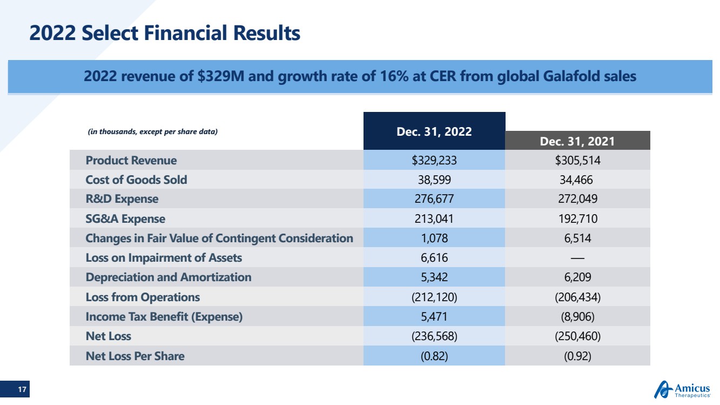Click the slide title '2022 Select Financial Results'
pyautogui.click(x=165, y=34)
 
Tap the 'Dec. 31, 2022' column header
pyautogui.click(x=434, y=131)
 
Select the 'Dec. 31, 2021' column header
pyautogui.click(x=577, y=141)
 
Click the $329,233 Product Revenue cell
pyautogui.click(x=434, y=161)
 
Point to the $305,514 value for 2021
pyautogui.click(x=577, y=161)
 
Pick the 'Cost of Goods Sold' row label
pyautogui.click(x=136, y=180)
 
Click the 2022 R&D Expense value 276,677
pyautogui.click(x=434, y=199)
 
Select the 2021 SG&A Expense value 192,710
pyautogui.click(x=577, y=219)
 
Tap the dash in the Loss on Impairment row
pyautogui.click(x=577, y=258)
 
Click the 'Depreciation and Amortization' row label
pyautogui.click(x=168, y=277)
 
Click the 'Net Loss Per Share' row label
pyautogui.click(x=134, y=356)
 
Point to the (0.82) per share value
pyautogui.click(x=434, y=356)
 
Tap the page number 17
pyautogui.click(x=22, y=389)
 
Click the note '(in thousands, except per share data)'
pyautogui.click(x=152, y=131)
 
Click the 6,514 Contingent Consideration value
pyautogui.click(x=577, y=238)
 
